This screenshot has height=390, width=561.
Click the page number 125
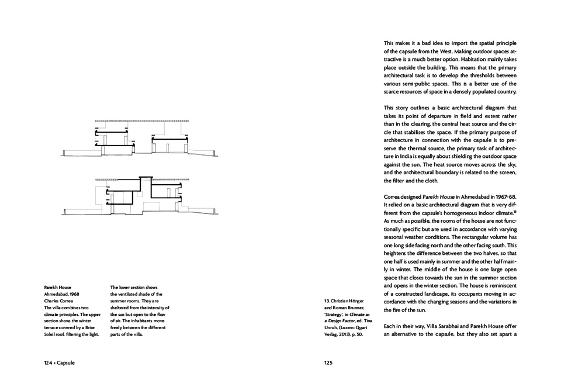pyautogui.click(x=328, y=363)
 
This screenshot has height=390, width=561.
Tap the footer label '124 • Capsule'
pyautogui.click(x=60, y=363)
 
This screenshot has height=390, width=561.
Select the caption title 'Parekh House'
pyautogui.click(x=57, y=288)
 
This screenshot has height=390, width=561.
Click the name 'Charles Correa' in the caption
pyautogui.click(x=59, y=301)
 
